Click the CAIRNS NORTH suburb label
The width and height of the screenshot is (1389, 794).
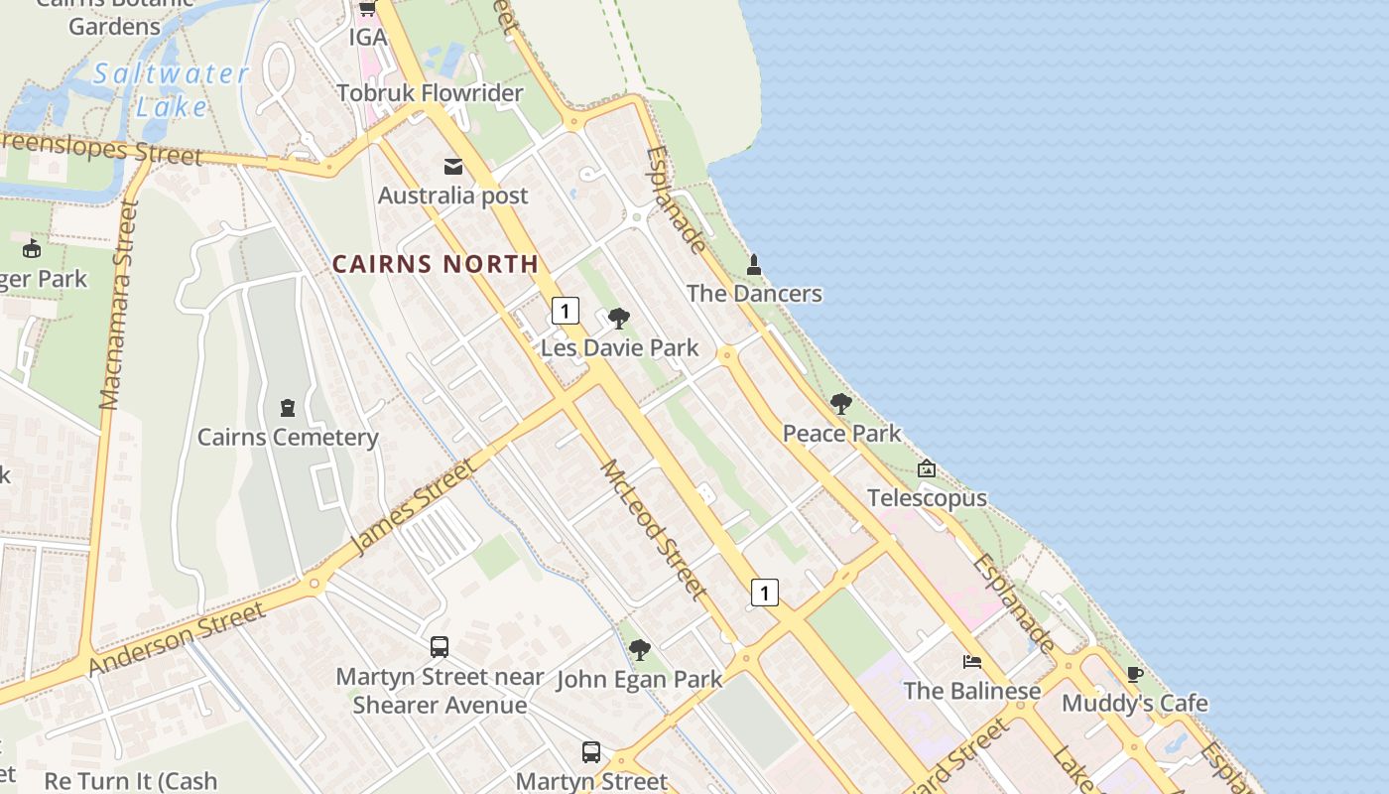click(435, 264)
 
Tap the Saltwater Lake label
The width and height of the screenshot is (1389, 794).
click(171, 89)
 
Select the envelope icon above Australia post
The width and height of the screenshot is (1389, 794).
click(453, 166)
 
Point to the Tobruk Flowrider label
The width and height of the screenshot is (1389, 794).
click(430, 93)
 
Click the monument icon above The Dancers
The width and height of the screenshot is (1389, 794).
click(754, 265)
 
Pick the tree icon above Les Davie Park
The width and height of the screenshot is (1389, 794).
click(619, 319)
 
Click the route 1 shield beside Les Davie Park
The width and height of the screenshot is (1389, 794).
click(565, 311)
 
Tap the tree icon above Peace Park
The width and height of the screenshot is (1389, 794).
click(841, 404)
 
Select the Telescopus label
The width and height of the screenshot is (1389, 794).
click(927, 497)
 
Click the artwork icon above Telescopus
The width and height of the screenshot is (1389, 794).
click(926, 468)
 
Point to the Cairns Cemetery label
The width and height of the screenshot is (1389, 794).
click(288, 437)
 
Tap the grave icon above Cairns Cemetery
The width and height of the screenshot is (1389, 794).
click(288, 407)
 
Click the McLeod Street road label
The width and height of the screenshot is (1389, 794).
click(653, 530)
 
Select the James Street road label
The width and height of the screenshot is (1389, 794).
click(414, 505)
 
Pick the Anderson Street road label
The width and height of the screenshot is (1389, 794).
click(178, 638)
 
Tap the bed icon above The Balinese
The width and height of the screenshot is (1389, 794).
click(972, 662)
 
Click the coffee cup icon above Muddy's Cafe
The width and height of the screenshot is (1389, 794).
click(1135, 675)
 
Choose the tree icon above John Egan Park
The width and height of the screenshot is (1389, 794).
click(640, 650)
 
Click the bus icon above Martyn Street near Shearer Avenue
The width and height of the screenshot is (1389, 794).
click(440, 647)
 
